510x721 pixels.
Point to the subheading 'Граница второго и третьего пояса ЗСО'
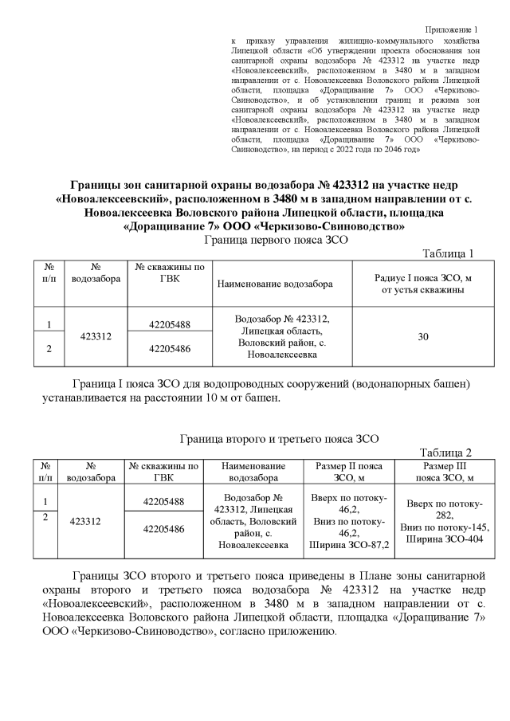pos(274,437)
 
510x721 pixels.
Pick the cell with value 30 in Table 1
pos(423,337)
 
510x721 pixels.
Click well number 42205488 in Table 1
pos(170,324)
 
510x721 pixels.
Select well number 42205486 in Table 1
pos(170,349)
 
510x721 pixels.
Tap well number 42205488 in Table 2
pos(163,501)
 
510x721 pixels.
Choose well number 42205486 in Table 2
pos(163,528)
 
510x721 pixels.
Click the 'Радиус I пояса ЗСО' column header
pos(423,283)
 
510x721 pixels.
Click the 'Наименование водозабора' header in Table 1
pos(273,284)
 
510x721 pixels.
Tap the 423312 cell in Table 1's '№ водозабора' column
pos(95,337)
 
